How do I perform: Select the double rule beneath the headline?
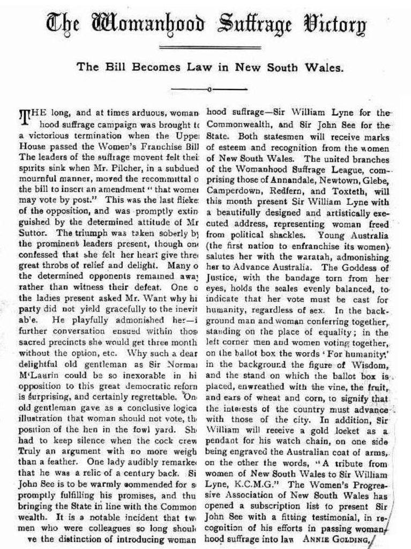click(x=206, y=48)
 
